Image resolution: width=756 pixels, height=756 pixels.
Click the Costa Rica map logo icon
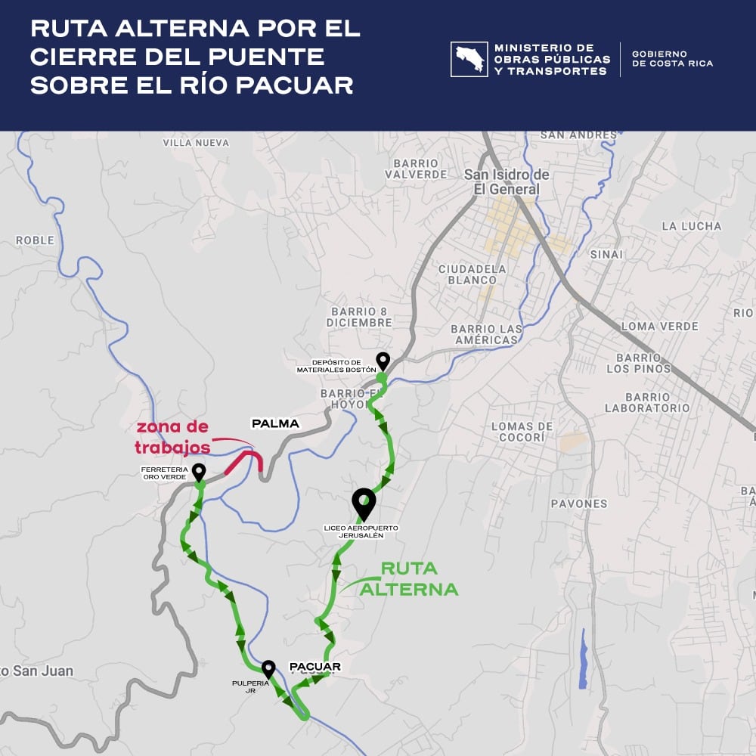(x=469, y=60)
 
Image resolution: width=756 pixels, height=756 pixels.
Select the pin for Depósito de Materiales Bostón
(x=383, y=361)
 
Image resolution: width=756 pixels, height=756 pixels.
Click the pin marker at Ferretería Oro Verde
(x=199, y=472)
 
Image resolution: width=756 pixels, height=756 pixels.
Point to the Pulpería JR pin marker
(x=268, y=669)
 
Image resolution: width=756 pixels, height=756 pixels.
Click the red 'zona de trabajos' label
(x=172, y=438)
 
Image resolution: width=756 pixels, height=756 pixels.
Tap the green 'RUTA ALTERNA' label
(x=408, y=578)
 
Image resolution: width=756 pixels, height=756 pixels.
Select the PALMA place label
(x=275, y=423)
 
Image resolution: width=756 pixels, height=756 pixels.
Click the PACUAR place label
(x=315, y=667)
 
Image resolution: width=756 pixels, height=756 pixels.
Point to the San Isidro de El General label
(x=507, y=182)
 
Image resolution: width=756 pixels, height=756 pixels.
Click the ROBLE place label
(x=36, y=240)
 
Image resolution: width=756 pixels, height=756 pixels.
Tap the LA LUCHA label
(x=691, y=226)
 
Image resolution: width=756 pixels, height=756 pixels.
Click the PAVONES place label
(x=579, y=503)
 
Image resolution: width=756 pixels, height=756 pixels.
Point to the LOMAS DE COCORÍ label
(x=522, y=432)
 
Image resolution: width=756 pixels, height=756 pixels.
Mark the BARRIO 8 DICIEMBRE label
(x=359, y=317)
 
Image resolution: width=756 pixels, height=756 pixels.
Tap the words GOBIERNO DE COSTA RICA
(x=672, y=59)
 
